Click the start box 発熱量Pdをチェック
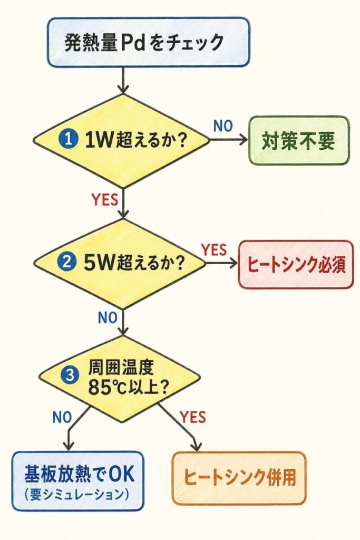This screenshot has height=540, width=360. click(148, 42)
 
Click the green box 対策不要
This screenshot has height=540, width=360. click(298, 141)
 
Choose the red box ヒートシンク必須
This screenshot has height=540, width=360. click(296, 265)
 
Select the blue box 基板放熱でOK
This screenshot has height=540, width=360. click(77, 479)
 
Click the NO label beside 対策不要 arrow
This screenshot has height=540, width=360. click(223, 126)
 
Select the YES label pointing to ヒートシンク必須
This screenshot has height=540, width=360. click(214, 250)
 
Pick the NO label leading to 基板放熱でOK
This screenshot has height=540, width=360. click(62, 417)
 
